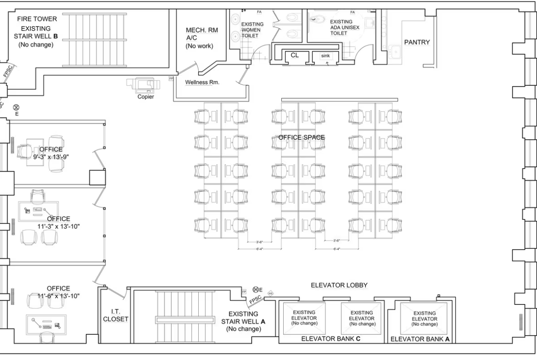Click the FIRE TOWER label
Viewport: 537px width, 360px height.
click(37, 19)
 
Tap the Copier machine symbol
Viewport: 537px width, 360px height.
click(144, 84)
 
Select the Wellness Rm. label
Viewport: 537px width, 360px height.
click(202, 83)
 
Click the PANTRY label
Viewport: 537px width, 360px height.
click(417, 43)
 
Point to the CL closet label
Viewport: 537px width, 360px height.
click(295, 55)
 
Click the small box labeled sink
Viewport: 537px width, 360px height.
click(325, 56)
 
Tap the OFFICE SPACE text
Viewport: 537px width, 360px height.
click(302, 138)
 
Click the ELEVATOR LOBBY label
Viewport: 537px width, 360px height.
click(339, 285)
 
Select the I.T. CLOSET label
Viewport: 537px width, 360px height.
click(115, 315)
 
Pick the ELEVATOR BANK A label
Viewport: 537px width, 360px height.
click(420, 339)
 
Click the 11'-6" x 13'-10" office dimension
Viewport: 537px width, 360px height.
click(58, 296)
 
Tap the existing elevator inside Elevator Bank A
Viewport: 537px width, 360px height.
click(424, 318)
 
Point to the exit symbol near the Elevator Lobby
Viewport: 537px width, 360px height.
click(255, 290)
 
